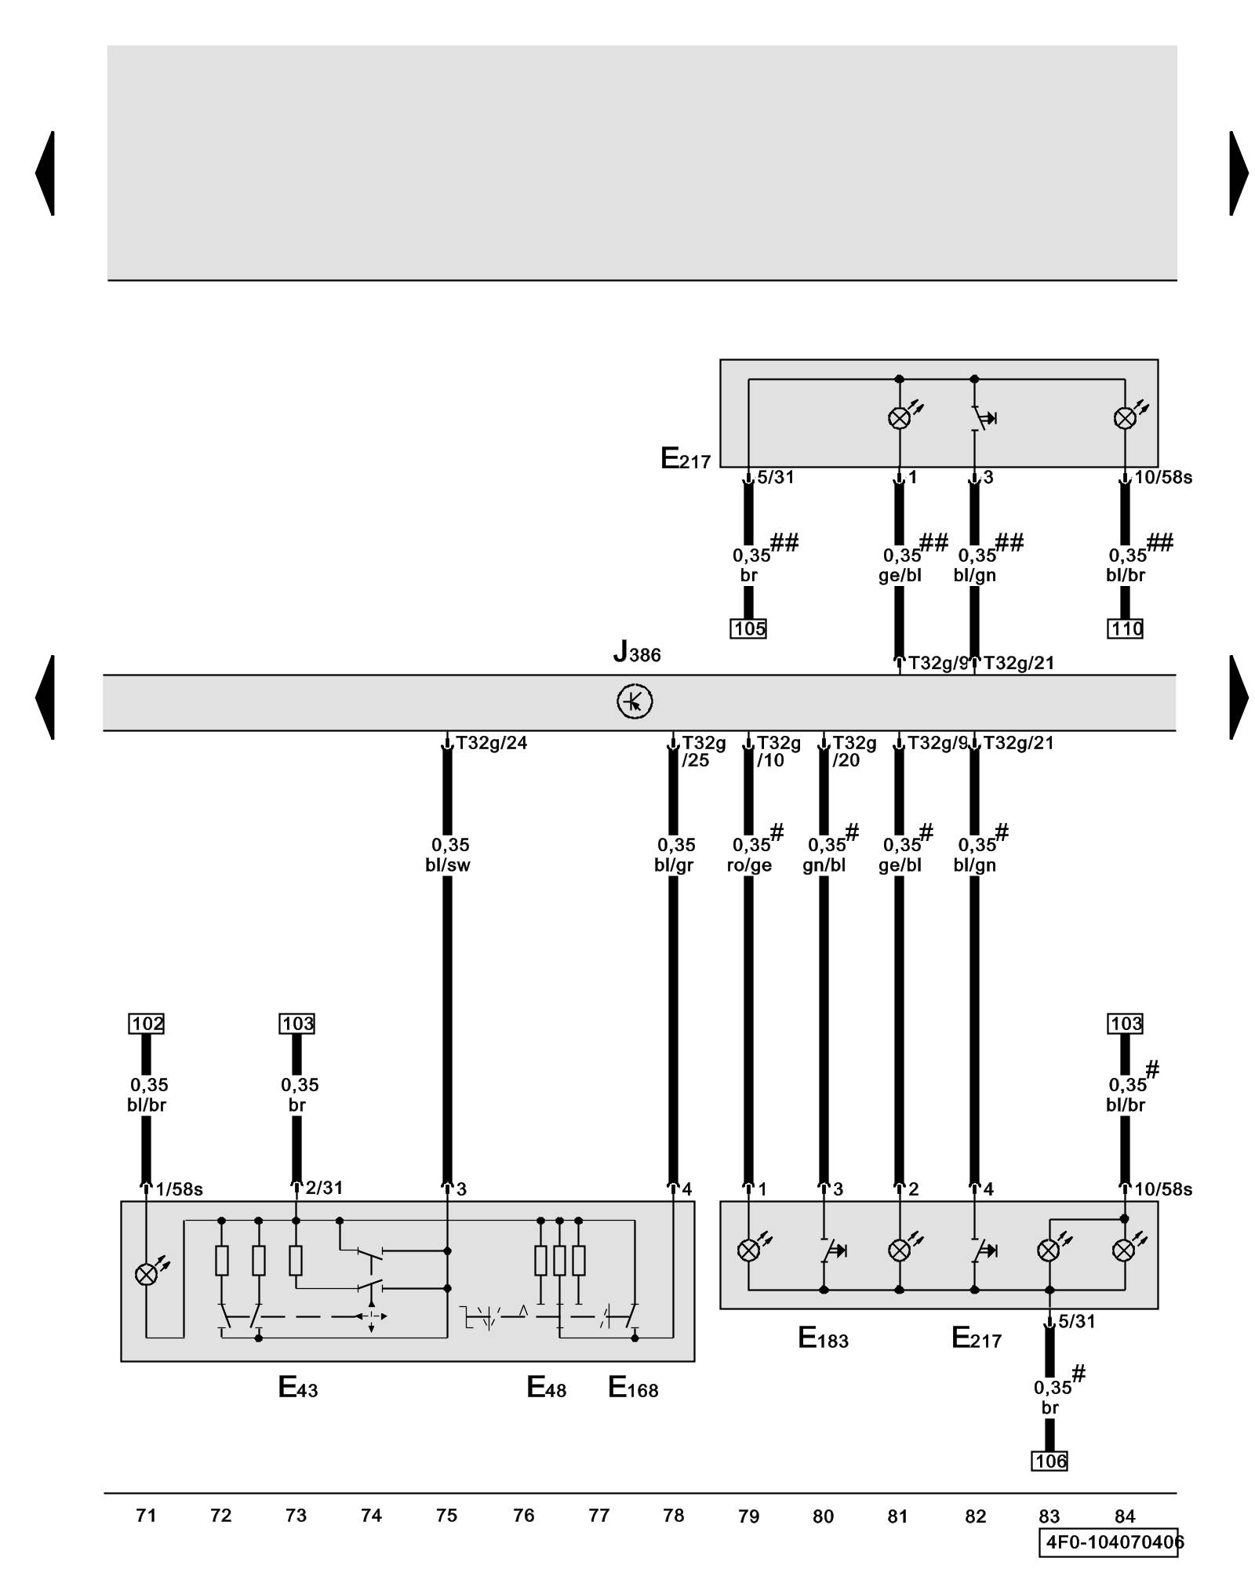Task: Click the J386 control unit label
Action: click(637, 652)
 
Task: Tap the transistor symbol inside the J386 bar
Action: click(634, 701)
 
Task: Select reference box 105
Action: click(748, 628)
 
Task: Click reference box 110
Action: click(1125, 628)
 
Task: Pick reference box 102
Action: click(147, 1024)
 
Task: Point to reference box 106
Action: click(1049, 1461)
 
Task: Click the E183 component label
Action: click(823, 1338)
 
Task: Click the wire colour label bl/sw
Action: click(448, 865)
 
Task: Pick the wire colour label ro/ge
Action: click(749, 865)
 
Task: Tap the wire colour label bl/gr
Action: click(674, 865)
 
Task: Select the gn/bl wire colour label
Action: click(824, 865)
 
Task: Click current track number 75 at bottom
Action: click(446, 1516)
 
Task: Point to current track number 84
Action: click(1125, 1516)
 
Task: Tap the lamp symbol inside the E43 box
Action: click(146, 1275)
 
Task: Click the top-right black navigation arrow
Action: click(1239, 173)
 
